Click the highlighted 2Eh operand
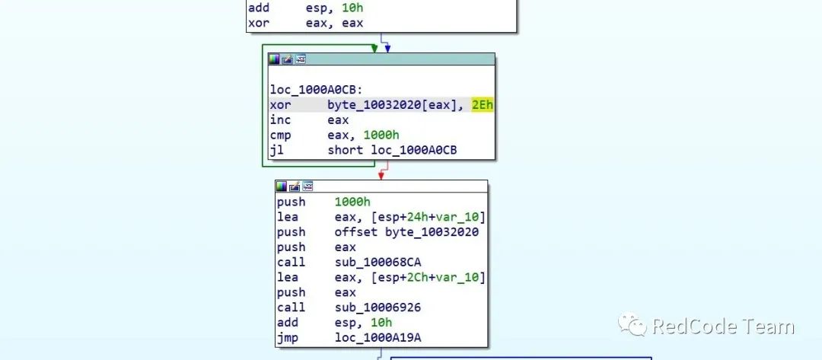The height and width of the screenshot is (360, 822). (483, 105)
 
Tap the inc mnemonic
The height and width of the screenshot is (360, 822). (279, 120)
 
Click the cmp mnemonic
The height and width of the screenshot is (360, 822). (279, 135)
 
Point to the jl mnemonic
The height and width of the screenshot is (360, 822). (276, 150)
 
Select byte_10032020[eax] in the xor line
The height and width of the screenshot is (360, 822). (390, 105)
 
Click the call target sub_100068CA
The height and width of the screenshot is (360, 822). (378, 263)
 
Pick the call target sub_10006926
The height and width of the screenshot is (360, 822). (378, 307)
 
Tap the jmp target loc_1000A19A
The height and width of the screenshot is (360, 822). (378, 337)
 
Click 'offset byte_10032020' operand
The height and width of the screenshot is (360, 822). (406, 232)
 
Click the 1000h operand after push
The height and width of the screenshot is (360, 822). (352, 202)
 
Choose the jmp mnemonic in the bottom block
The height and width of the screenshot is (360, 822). (287, 337)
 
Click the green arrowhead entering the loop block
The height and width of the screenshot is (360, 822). (374, 49)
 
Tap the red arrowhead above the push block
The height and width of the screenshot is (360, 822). (381, 175)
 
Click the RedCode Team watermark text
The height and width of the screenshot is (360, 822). (723, 327)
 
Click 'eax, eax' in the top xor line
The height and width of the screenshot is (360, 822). (334, 24)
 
